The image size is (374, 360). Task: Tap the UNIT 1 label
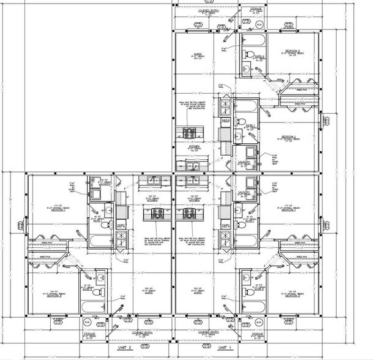click(226, 347)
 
